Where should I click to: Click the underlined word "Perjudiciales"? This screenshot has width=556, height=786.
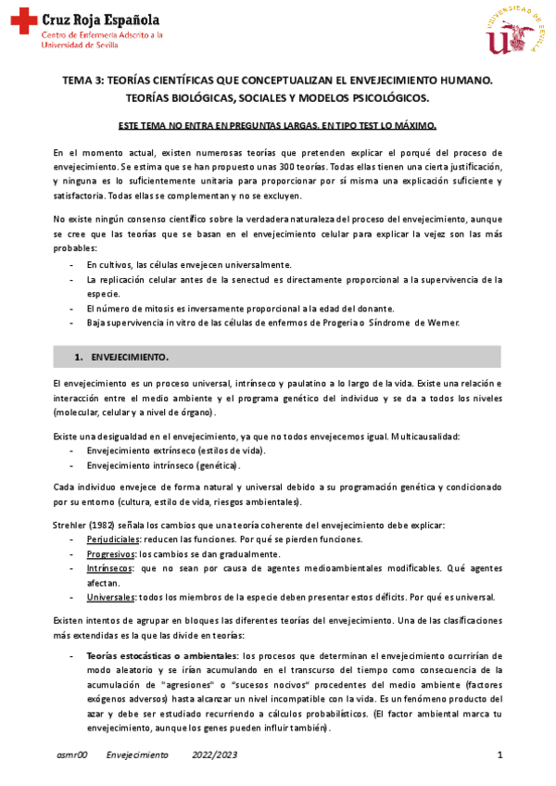point(114,539)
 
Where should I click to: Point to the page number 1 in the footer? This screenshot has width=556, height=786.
point(499,756)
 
